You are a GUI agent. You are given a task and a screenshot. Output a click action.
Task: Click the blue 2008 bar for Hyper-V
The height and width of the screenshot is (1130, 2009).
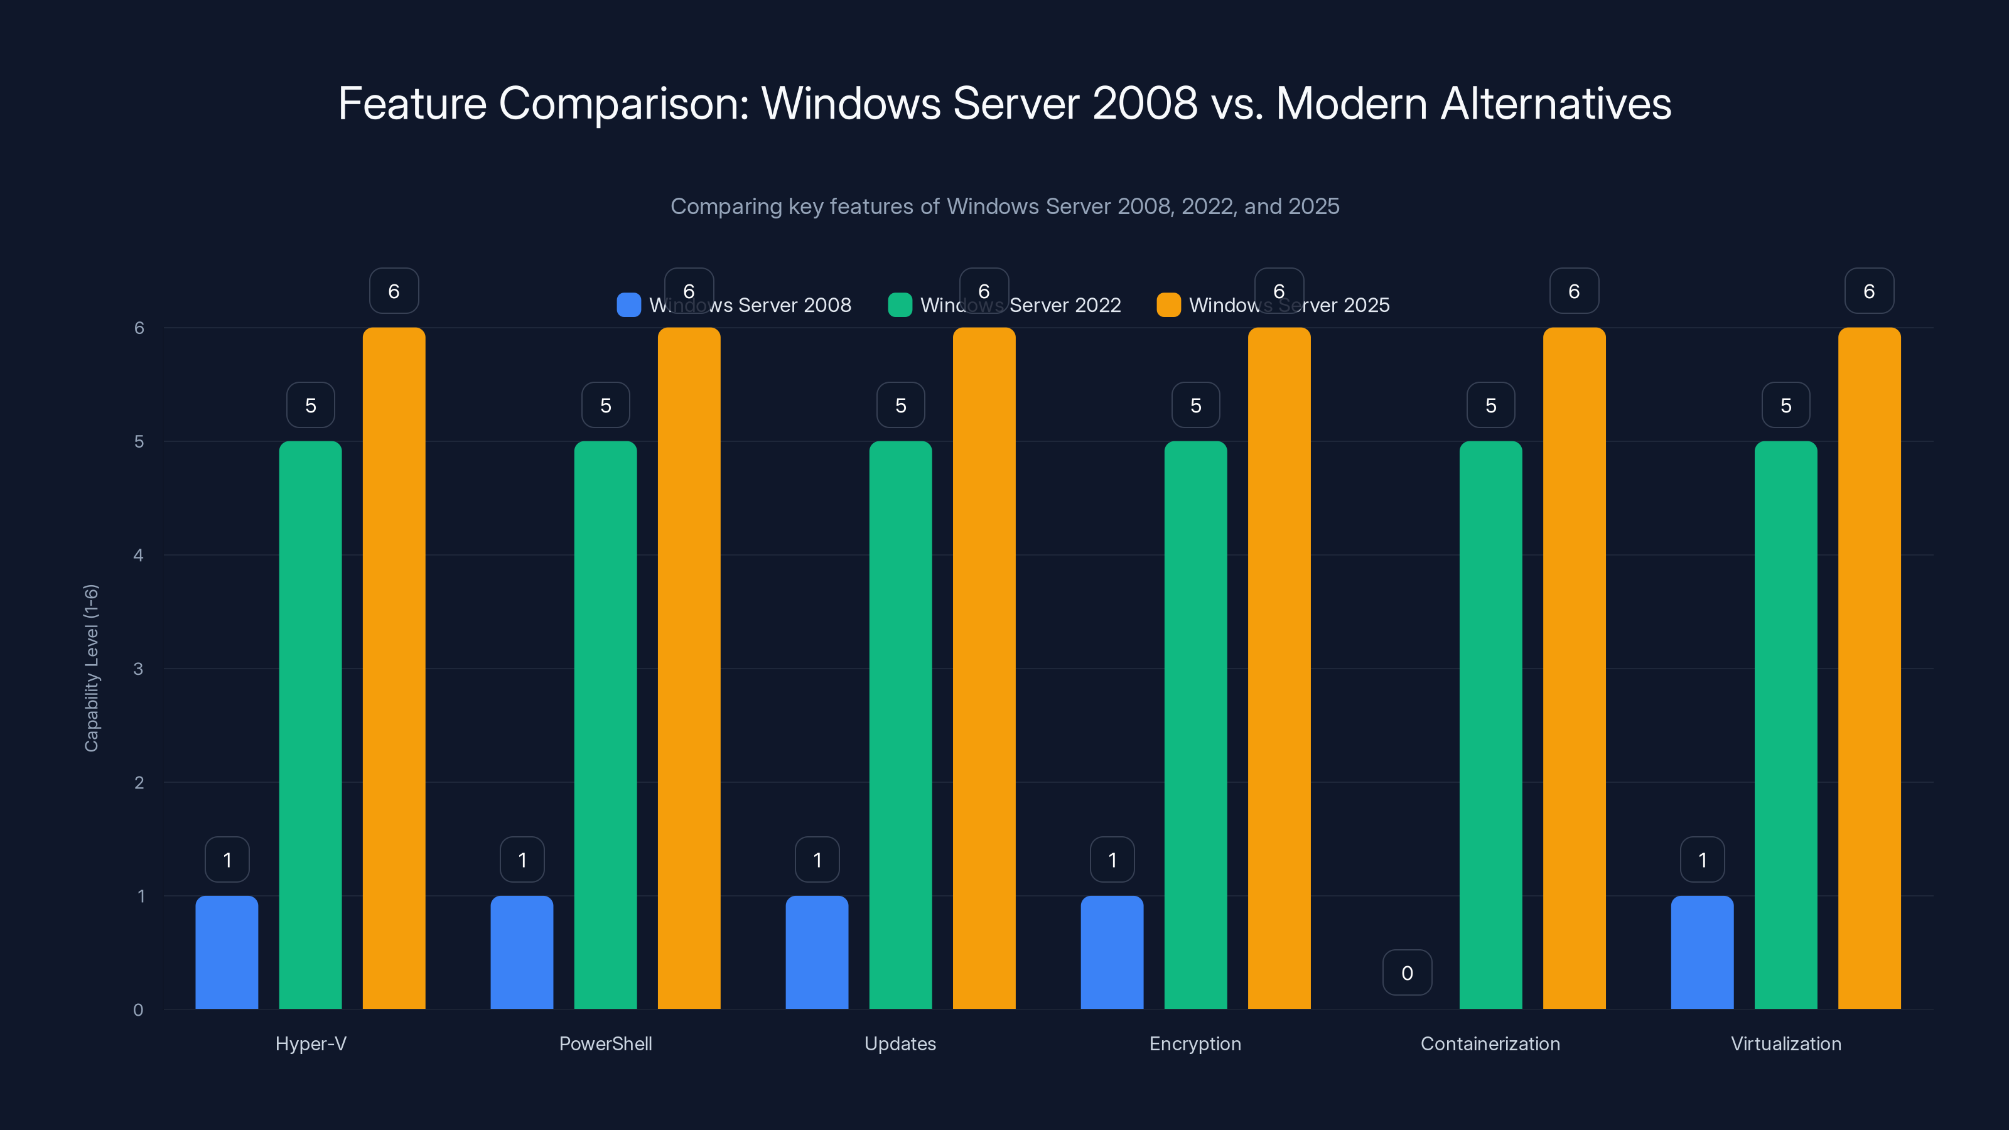227,952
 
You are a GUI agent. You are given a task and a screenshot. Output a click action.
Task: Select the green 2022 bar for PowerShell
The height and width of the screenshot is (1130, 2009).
605,725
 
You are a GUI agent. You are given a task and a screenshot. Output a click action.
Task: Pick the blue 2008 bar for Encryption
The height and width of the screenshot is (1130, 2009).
1112,952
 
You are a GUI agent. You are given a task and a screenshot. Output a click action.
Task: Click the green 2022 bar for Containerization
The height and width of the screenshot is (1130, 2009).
1490,725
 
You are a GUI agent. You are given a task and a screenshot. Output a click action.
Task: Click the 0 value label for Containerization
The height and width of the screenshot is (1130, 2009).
1407,972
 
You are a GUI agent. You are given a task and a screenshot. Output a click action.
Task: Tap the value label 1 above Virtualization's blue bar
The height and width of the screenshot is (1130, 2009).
1703,859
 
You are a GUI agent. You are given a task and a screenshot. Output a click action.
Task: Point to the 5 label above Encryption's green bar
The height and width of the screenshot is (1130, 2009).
1195,405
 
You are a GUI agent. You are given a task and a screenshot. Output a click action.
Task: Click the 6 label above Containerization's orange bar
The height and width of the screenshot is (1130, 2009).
1574,291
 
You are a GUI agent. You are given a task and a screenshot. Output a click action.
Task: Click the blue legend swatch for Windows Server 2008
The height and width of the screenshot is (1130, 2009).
628,305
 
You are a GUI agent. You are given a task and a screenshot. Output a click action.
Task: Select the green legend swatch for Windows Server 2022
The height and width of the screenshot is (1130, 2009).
900,305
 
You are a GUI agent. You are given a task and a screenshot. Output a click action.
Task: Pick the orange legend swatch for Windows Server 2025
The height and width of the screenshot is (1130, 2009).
1168,305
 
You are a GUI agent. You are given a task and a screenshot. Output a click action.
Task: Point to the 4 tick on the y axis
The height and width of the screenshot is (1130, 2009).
139,555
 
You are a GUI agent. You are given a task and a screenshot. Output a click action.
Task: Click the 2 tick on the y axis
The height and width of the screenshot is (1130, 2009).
139,782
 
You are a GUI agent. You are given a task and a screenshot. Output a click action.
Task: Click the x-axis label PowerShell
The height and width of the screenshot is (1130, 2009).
605,1043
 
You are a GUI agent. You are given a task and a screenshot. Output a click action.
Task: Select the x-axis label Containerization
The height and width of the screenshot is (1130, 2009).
1490,1043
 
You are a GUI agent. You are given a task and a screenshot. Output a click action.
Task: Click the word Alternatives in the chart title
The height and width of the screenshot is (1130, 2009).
1556,103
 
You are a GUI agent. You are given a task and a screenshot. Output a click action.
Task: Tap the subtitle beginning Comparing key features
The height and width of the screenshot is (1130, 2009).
1004,206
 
